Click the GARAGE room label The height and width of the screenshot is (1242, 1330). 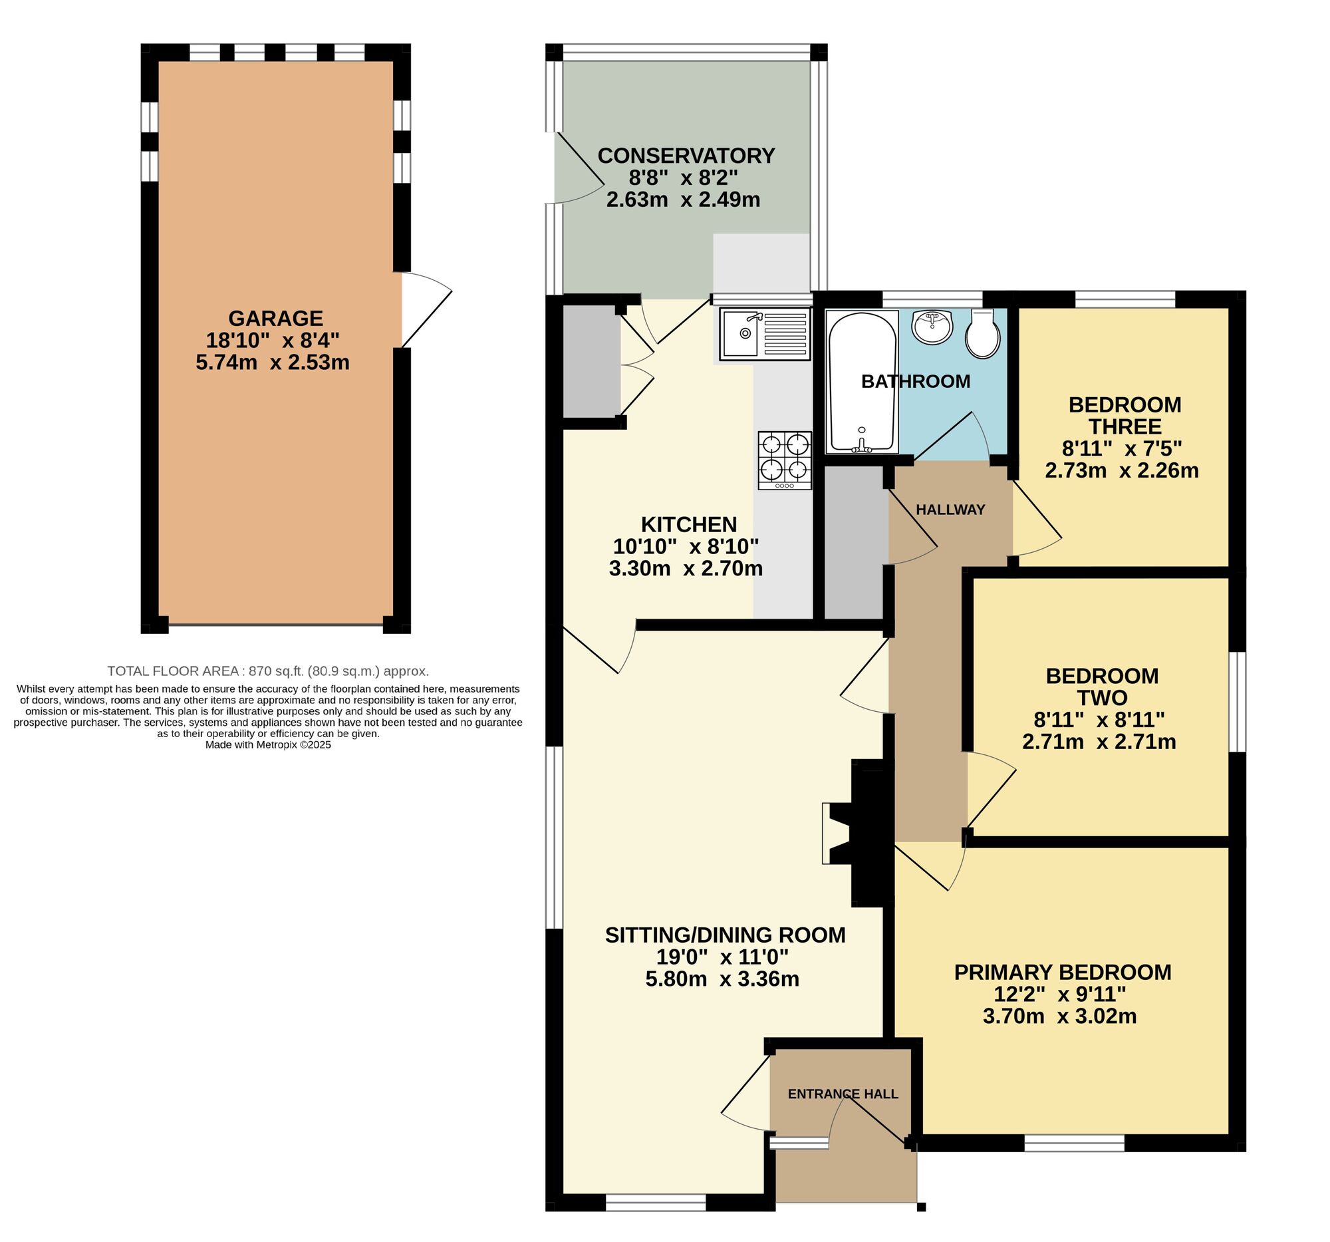(x=275, y=318)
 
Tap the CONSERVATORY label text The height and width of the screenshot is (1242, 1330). (x=686, y=155)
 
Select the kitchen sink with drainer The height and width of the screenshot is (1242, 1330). (x=765, y=333)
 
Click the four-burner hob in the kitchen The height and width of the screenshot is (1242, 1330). (x=785, y=460)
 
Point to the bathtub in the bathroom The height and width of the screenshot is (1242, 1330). (x=863, y=381)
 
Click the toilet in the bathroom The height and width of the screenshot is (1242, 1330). (x=983, y=333)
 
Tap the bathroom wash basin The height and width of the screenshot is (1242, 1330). (x=932, y=327)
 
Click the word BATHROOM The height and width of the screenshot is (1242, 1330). (x=915, y=381)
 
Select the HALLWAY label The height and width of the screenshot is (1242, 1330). (x=950, y=510)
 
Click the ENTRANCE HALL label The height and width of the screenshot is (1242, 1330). (x=843, y=1094)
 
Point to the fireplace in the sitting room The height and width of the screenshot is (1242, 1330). (x=858, y=833)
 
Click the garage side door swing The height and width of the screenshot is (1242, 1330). (x=427, y=309)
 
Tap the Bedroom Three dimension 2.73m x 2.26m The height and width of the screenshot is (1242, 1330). (x=1122, y=470)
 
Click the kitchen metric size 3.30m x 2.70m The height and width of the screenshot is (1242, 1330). (x=686, y=569)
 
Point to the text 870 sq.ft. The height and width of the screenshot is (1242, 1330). (x=276, y=671)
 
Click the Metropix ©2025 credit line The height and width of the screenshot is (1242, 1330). (x=267, y=745)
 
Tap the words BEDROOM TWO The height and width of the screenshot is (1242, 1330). (x=1102, y=687)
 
